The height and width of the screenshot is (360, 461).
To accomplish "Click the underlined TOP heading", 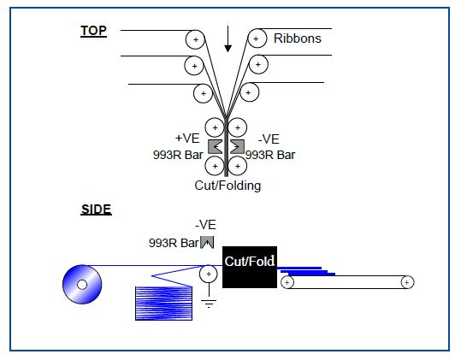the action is point(93,31).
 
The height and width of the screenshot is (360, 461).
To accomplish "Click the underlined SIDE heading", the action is point(96,210).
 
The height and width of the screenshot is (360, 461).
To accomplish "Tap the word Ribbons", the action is point(298,38).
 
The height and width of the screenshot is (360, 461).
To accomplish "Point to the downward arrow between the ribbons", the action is point(228,39).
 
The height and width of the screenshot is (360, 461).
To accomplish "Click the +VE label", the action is point(187,139).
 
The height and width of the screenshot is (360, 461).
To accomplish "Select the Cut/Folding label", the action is point(228,186).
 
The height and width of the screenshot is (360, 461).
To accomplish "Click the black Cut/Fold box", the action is point(250,267).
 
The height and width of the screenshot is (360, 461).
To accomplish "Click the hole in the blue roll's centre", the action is point(82,285).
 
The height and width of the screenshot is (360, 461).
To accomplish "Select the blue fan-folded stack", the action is point(163,304).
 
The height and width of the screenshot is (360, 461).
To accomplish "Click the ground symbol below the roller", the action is point(209,304).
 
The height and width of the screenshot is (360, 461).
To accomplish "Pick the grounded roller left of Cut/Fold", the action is point(209,274).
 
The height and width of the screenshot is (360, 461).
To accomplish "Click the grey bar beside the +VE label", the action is point(216,146).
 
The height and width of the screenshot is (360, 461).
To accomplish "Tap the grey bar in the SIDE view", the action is point(207,243).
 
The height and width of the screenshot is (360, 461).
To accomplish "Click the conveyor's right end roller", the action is point(407,282).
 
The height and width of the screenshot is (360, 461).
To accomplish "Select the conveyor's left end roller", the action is point(287,282).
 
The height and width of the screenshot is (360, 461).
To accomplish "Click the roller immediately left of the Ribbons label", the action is point(257,38).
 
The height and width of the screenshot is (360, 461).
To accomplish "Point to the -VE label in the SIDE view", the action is point(205,225).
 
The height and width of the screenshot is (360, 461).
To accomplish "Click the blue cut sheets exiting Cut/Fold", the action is point(306,271).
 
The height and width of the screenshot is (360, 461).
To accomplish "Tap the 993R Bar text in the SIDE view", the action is point(174,243).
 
